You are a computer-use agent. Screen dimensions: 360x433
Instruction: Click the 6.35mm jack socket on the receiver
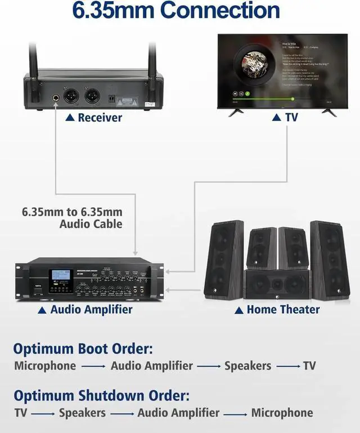click(57, 100)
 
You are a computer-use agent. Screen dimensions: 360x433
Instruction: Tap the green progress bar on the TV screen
click(265, 99)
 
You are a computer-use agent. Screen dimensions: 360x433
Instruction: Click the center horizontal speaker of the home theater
click(276, 284)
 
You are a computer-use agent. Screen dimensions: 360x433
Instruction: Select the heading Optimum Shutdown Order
click(101, 395)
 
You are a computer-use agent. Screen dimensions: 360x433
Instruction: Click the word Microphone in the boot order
click(45, 365)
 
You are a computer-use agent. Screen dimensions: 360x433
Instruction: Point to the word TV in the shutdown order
click(21, 413)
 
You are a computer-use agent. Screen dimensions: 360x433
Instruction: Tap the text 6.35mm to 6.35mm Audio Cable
click(72, 218)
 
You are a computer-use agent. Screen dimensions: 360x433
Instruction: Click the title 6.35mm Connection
click(176, 10)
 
